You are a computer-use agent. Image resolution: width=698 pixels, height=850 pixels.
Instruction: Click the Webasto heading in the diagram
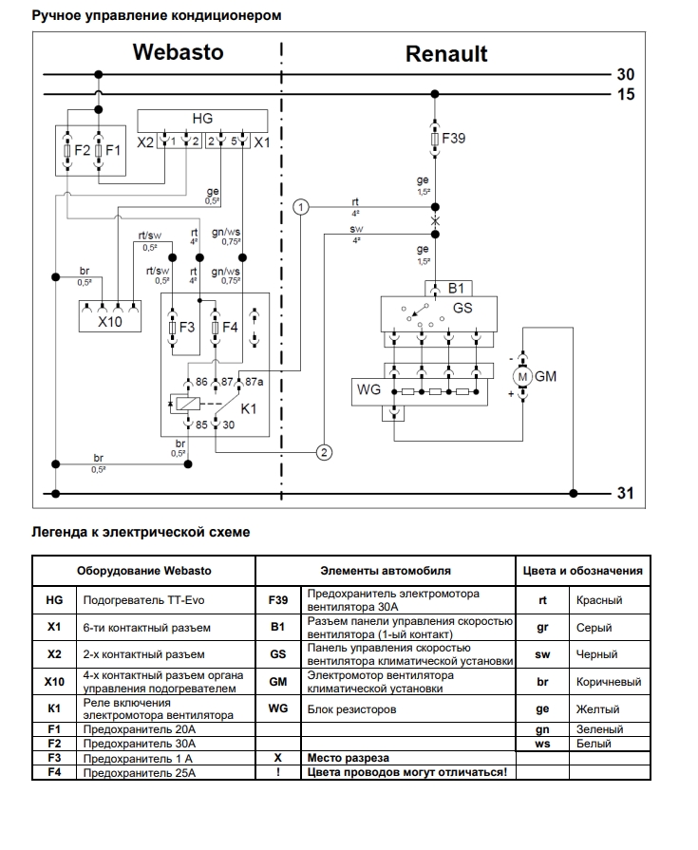(179, 52)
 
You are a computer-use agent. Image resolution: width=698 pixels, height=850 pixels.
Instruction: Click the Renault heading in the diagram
(446, 54)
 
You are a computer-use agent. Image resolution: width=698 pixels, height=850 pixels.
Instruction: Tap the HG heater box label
(202, 118)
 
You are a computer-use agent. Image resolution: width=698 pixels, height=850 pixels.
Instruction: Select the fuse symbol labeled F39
(435, 140)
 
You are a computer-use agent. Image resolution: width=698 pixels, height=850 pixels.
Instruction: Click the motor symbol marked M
(522, 377)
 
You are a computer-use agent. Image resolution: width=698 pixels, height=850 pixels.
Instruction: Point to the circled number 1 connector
(301, 206)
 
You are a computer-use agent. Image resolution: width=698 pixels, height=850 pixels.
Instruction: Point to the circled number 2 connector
(324, 453)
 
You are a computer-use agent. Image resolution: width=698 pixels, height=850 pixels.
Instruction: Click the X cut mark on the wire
(435, 220)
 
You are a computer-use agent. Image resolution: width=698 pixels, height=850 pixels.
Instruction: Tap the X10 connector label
(110, 321)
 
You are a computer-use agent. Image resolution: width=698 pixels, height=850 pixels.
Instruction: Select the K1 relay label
(248, 408)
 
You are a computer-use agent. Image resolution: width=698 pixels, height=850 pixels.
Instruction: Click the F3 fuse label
(186, 328)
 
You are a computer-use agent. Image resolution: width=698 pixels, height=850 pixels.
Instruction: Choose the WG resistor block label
(369, 389)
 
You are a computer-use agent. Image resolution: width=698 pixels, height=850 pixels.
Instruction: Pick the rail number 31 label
(626, 493)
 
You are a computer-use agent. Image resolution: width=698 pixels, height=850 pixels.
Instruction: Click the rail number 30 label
(626, 74)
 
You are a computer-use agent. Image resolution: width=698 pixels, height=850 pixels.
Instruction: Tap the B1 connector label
(456, 289)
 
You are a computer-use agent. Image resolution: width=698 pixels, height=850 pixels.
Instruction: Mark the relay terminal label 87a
(254, 382)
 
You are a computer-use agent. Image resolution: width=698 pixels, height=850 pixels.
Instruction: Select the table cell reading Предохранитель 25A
(140, 772)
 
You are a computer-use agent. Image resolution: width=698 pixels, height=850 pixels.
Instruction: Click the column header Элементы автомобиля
(386, 570)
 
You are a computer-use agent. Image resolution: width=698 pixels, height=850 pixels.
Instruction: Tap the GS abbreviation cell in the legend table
(278, 654)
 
